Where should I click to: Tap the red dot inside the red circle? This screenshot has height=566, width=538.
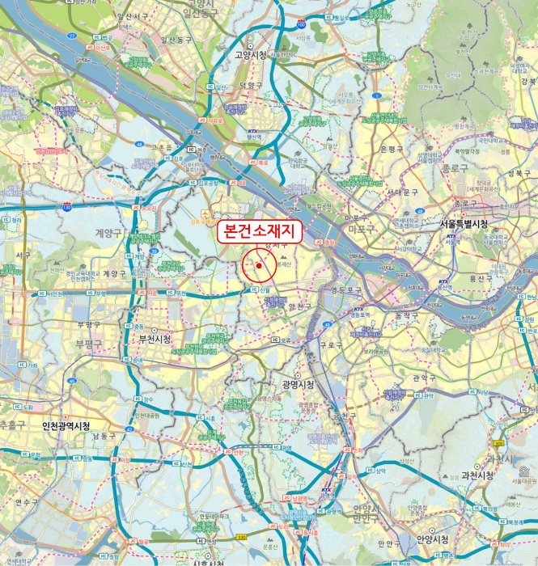259,265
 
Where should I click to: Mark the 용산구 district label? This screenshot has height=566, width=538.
478,277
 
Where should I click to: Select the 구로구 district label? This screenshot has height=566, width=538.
331,344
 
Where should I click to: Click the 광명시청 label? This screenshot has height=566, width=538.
298,385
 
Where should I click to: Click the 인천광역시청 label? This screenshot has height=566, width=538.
66,425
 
